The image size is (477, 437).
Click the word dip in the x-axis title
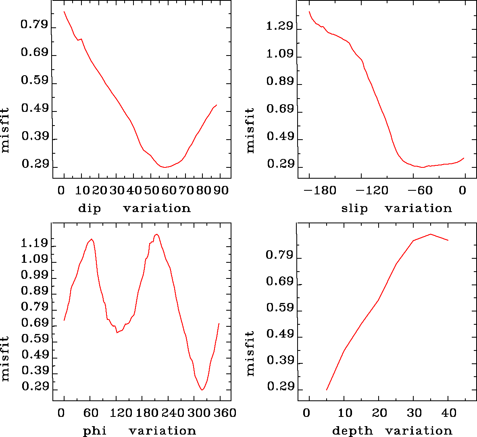click(x=89, y=209)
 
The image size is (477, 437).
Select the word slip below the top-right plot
click(x=354, y=208)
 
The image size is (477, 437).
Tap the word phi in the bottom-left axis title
click(x=95, y=431)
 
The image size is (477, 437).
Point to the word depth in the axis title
click(x=352, y=431)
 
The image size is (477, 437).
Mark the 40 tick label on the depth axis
click(x=448, y=413)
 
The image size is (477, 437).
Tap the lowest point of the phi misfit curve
click(x=202, y=390)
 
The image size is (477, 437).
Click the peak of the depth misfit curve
click(x=431, y=234)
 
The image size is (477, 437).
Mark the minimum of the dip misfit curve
click(x=165, y=167)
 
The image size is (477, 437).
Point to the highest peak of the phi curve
click(x=156, y=234)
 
